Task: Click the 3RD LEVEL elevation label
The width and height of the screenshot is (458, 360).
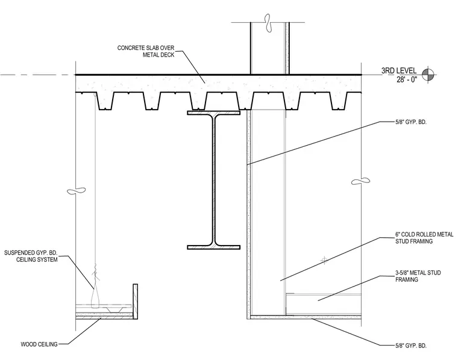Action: (399, 70)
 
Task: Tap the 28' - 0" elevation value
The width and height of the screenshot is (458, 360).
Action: (407, 79)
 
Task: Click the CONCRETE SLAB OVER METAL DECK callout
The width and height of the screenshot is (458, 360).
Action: (146, 51)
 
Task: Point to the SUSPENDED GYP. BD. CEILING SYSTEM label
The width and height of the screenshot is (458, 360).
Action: (31, 256)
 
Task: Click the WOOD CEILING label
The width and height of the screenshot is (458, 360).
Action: (39, 344)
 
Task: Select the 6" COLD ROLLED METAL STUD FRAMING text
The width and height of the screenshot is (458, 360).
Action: (424, 238)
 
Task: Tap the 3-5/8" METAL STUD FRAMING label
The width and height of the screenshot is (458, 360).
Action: (418, 276)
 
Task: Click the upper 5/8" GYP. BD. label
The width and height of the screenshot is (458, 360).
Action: (410, 122)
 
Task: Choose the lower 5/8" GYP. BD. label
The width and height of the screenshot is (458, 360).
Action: (410, 346)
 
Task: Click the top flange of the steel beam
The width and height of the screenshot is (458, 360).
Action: (213, 113)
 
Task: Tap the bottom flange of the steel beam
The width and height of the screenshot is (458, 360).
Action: (213, 247)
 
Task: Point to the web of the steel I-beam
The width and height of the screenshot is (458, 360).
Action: (213, 180)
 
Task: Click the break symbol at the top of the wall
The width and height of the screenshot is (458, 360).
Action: (268, 23)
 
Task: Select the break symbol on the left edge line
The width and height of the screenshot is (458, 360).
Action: (77, 191)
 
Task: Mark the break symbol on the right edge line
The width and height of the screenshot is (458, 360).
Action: (360, 181)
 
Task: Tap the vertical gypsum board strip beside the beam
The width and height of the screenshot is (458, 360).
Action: (248, 214)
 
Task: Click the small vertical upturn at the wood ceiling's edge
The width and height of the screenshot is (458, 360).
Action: (135, 302)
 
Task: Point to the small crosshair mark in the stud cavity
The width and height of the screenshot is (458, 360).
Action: (324, 259)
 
